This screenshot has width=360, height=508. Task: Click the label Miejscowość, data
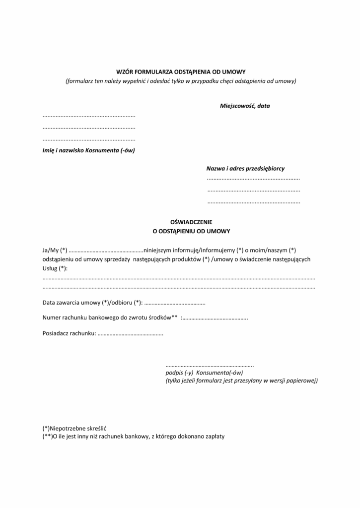(x=245, y=106)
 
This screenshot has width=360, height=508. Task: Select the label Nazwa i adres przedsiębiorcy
(x=245, y=169)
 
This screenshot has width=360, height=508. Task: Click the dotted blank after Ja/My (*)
(x=106, y=250)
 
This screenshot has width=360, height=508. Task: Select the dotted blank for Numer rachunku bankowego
(x=215, y=318)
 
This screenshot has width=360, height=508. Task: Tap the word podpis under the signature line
(x=174, y=372)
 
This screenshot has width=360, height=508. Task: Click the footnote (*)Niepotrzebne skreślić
(x=75, y=428)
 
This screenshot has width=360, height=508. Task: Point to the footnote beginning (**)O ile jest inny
(x=134, y=436)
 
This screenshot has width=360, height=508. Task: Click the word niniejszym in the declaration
(x=157, y=250)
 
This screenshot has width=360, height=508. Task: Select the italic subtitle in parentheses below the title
(x=181, y=81)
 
